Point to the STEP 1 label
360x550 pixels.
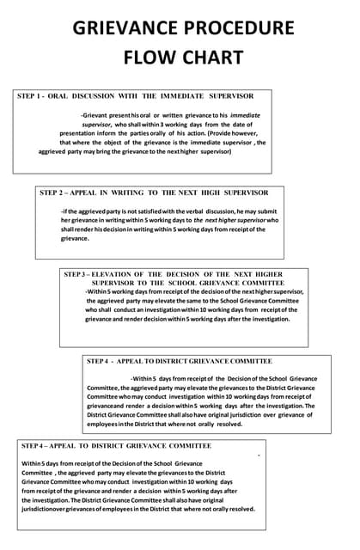pos(32,96)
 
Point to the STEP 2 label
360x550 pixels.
pos(54,192)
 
